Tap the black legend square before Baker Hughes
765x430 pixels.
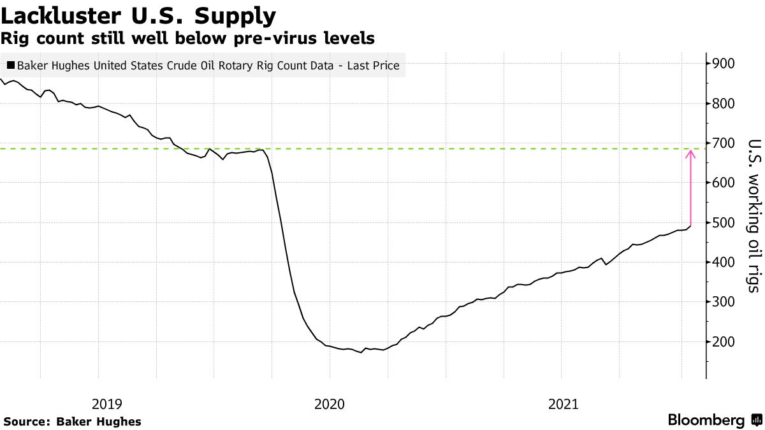pos(10,65)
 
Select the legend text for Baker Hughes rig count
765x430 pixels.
pos(208,65)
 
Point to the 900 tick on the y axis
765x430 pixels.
pos(725,64)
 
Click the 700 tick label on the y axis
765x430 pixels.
pos(725,143)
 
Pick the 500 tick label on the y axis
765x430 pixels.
pos(725,223)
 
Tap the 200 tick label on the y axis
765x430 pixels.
pos(725,342)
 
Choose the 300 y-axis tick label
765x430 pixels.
pos(725,302)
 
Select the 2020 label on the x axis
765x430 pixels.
pos(330,404)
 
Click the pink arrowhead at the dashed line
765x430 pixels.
pos(690,153)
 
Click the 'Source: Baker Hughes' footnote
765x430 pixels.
pos(72,422)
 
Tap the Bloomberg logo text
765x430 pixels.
pos(706,420)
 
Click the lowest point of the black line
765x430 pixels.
pos(361,352)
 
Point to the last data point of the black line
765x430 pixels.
pos(690,226)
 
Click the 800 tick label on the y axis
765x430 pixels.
pos(725,103)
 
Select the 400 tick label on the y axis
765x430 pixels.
pos(725,262)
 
